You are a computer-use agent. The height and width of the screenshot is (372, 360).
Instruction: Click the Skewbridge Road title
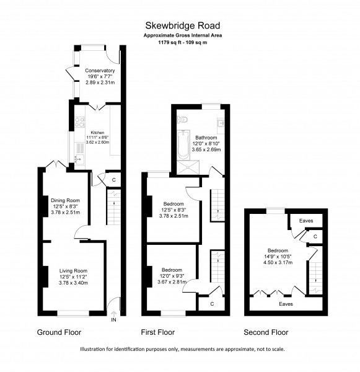(x=183, y=25)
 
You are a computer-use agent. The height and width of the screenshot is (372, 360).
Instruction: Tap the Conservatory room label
(x=100, y=71)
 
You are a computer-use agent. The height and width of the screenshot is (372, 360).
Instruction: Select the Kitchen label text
(x=97, y=133)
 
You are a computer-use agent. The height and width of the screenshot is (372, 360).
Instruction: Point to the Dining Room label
(x=65, y=200)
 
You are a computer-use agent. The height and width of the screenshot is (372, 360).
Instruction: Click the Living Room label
(x=73, y=271)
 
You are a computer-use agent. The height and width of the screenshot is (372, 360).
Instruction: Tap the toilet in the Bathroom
(x=182, y=119)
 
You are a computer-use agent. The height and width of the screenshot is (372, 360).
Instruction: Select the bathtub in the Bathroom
(x=183, y=144)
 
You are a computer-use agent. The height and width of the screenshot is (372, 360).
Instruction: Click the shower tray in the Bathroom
(x=188, y=168)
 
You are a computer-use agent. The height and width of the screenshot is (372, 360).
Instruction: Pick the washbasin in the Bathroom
(x=221, y=124)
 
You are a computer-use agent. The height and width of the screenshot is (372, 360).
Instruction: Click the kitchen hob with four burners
(x=80, y=122)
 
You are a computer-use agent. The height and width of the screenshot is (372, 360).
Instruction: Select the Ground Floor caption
(x=59, y=332)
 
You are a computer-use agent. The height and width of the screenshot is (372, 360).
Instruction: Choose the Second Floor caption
(x=266, y=332)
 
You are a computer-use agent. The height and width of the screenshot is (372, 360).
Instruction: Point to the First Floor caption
(x=158, y=332)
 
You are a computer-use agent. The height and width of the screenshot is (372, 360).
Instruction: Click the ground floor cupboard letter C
(x=114, y=180)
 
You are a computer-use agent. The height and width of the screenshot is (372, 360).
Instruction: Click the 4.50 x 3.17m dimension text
(x=278, y=262)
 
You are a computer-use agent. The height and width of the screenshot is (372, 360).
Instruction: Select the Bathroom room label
(x=206, y=138)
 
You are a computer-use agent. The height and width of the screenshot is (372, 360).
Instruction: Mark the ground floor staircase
(x=114, y=206)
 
